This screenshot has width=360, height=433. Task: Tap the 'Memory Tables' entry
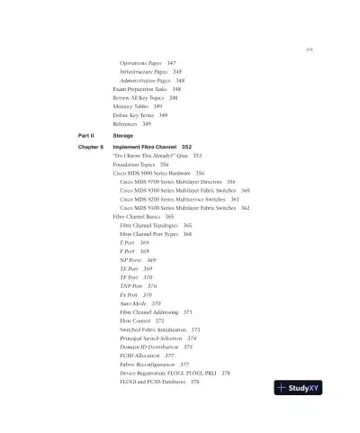tap(132, 106)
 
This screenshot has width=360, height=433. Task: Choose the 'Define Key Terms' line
tap(134, 115)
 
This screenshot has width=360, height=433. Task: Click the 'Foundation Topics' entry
tap(135, 165)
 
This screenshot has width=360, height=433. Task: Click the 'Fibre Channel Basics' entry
tap(143, 217)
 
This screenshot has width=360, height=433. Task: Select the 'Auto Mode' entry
tap(134, 304)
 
